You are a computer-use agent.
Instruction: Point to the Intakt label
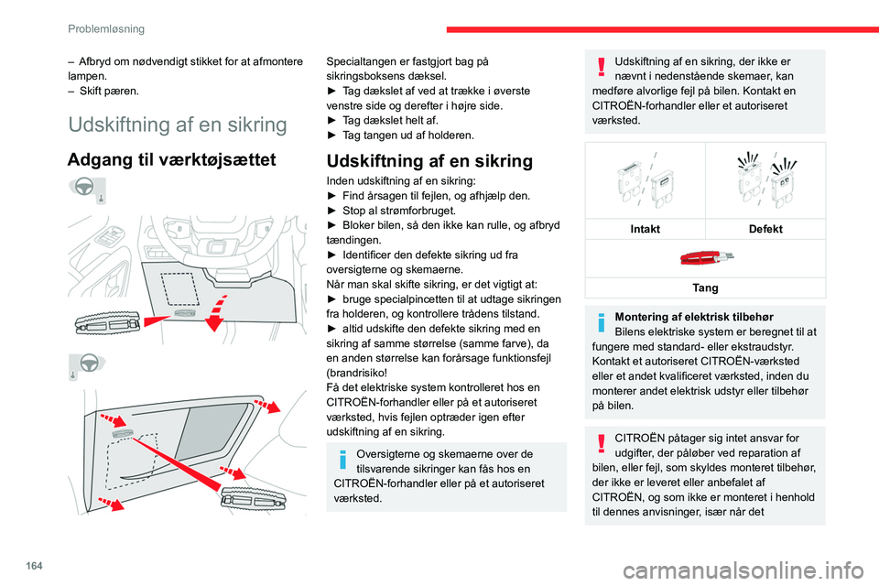click(x=646, y=229)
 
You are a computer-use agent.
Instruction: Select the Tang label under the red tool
click(x=705, y=288)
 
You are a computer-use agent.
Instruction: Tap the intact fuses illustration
click(x=646, y=182)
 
